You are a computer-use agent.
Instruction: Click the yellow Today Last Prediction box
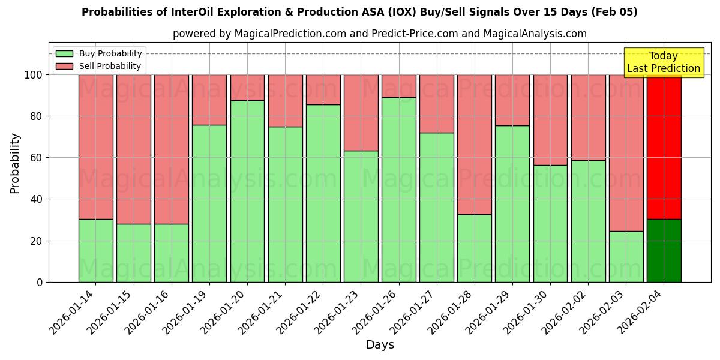point(663,62)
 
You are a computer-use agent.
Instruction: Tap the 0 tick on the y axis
point(40,282)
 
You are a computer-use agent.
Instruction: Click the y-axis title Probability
point(15,163)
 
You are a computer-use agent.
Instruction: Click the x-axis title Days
point(380,345)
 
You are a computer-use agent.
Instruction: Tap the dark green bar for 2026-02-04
point(664,251)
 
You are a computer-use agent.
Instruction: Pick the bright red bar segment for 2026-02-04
point(664,147)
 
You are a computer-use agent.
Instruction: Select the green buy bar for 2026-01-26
point(399,190)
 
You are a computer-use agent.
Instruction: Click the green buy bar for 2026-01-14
point(96,251)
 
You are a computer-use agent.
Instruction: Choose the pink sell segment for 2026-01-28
point(475,145)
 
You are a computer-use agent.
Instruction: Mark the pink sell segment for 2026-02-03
point(626,153)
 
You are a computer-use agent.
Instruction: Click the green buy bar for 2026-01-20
point(247,191)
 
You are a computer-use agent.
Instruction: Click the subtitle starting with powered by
point(379,34)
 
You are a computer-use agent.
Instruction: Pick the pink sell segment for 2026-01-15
point(134,149)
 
